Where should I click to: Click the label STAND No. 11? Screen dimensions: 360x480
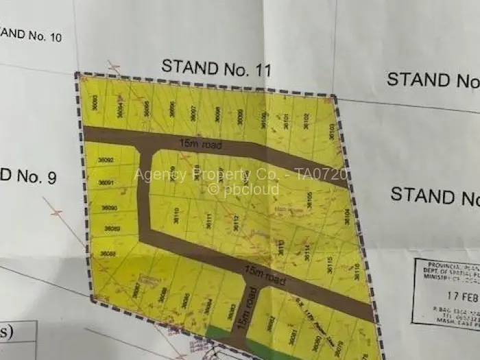[x=216, y=69]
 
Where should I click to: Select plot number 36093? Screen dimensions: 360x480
[x=95, y=103]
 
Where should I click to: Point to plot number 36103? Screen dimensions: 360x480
[x=332, y=131]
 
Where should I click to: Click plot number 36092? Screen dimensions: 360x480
[x=106, y=160]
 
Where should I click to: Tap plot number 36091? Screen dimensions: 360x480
[x=106, y=182]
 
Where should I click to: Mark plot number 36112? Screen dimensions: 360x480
[x=235, y=222]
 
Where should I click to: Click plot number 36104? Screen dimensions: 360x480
[x=347, y=217]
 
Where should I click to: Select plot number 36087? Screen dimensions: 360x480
[x=136, y=291]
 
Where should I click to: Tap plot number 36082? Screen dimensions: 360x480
[x=270, y=323]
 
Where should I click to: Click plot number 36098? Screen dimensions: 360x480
[x=217, y=115]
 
